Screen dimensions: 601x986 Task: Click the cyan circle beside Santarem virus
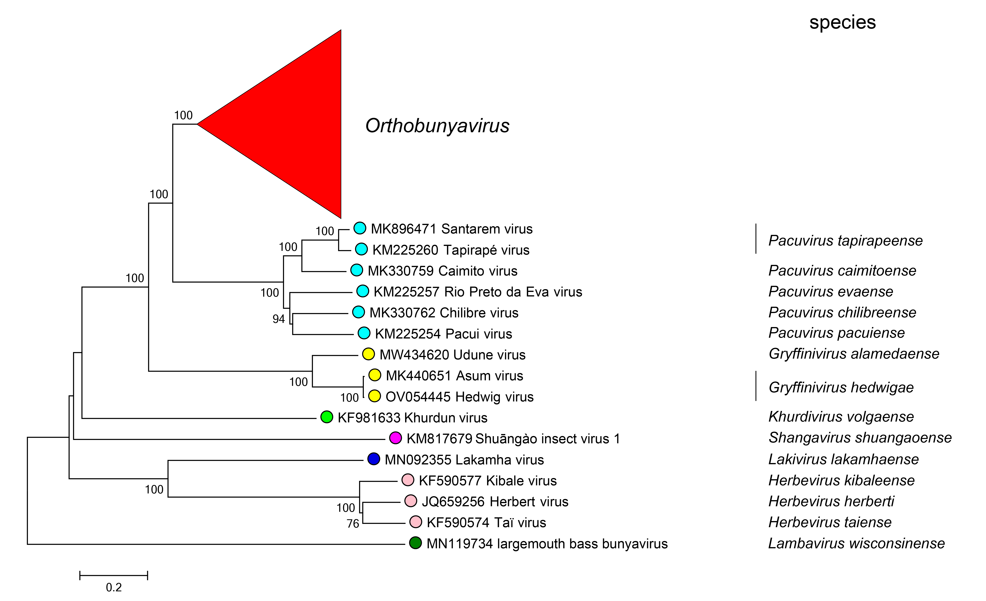click(x=360, y=228)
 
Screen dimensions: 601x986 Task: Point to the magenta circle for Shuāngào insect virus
click(x=395, y=438)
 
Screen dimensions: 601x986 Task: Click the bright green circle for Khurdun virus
click(x=327, y=417)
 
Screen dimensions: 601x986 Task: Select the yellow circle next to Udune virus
click(x=368, y=354)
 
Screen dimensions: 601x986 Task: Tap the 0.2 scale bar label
click(x=114, y=587)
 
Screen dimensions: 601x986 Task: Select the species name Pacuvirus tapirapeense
click(x=845, y=241)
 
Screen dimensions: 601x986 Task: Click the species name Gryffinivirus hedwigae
click(x=841, y=387)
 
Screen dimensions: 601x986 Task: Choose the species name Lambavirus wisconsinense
click(x=856, y=543)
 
